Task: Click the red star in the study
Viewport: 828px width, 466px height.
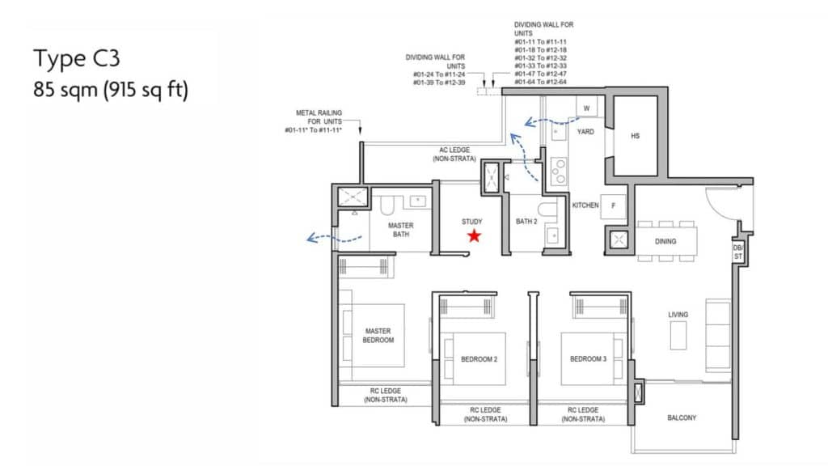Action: click(x=474, y=235)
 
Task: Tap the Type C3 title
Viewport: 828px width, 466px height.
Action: click(x=77, y=58)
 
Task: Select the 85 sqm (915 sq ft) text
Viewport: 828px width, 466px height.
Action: click(x=111, y=90)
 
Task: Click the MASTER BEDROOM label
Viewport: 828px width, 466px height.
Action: click(x=378, y=336)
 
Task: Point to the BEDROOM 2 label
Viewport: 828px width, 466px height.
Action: click(x=479, y=359)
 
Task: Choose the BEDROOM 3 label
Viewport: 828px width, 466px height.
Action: click(x=589, y=358)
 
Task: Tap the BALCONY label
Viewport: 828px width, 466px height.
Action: click(x=682, y=418)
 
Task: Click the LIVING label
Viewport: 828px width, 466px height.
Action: click(x=678, y=315)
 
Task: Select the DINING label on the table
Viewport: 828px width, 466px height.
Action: click(x=665, y=241)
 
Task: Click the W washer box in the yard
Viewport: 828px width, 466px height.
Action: click(x=587, y=108)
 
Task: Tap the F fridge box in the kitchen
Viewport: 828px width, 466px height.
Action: click(x=613, y=206)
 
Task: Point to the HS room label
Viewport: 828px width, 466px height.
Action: click(x=636, y=136)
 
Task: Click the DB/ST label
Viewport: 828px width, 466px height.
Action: click(x=737, y=252)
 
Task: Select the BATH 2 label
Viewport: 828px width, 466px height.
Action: click(x=526, y=222)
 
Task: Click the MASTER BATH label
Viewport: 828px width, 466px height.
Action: click(x=401, y=230)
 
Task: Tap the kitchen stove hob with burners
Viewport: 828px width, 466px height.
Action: click(x=559, y=172)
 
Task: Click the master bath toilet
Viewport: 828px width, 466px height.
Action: click(x=387, y=205)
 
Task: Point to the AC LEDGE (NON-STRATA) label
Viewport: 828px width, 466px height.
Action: click(x=454, y=155)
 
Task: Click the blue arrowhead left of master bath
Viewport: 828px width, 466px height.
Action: click(x=312, y=239)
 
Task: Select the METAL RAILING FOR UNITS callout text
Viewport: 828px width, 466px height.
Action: click(x=314, y=121)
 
